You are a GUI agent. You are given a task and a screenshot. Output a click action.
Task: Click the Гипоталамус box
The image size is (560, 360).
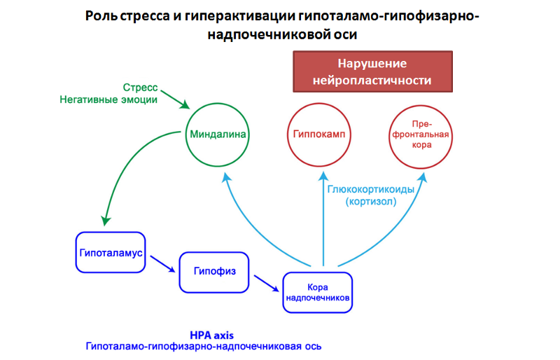(x=111, y=251)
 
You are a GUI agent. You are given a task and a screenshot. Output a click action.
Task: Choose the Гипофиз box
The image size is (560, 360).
(x=215, y=271)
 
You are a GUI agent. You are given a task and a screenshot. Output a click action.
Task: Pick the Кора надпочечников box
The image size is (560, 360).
(x=318, y=292)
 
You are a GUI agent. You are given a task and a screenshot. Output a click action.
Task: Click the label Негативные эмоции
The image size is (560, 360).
(x=108, y=100)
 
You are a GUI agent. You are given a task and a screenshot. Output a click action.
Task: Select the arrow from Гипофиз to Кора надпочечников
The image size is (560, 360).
(x=265, y=282)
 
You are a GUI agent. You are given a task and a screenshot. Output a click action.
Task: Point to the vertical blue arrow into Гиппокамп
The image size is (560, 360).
(x=323, y=217)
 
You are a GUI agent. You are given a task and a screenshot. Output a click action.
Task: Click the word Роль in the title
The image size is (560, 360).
(x=98, y=17)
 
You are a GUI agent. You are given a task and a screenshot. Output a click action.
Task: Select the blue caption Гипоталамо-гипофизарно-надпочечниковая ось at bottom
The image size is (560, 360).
(x=204, y=347)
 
